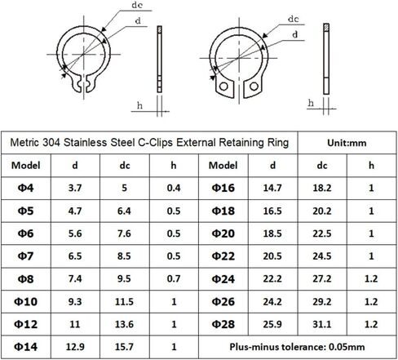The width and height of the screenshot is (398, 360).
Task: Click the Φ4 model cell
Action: [x=26, y=188]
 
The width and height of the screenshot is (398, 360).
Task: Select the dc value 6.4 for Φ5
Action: [x=124, y=211]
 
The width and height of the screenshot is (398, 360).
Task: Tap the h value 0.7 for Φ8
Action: [x=174, y=278]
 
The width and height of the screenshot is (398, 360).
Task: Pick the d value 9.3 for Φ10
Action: [x=75, y=301]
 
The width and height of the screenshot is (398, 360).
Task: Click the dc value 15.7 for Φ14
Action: [x=124, y=347]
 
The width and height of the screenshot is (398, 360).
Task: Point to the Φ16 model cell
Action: [x=223, y=188]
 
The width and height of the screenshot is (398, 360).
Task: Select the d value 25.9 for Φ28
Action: [x=272, y=324]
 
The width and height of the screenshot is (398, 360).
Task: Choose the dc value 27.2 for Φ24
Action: [x=322, y=278]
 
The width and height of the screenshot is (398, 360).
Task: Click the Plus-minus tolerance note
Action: [x=297, y=347]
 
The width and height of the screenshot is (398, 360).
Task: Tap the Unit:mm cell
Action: [x=347, y=143]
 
